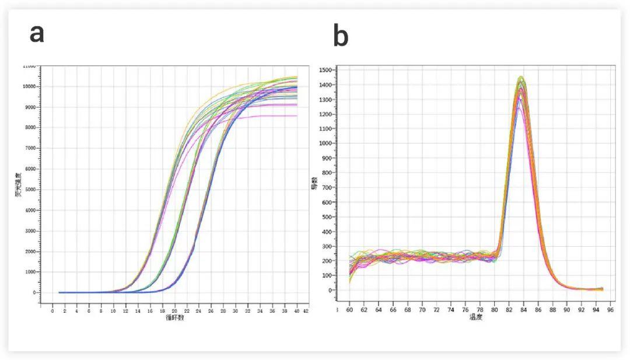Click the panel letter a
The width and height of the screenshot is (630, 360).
point(37,34)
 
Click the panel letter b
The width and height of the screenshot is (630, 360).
point(341,37)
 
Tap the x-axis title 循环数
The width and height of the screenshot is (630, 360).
point(174,318)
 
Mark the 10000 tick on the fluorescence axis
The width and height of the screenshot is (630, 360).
point(28,86)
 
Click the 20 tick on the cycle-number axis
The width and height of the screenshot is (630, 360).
point(174,311)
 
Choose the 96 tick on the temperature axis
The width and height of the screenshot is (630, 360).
point(610,309)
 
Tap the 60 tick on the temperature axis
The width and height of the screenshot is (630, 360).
point(350,309)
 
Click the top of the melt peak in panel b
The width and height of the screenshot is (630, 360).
point(521,77)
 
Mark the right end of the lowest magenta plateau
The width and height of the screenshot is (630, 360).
point(296,116)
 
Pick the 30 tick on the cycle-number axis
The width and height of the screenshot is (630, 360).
point(235,311)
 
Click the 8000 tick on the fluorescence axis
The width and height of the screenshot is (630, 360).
point(29,128)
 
